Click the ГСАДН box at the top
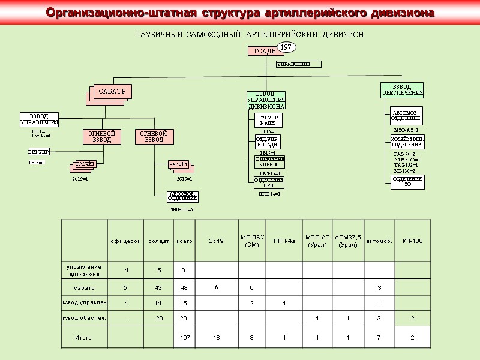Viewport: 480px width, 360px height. pyautogui.click(x=265, y=52)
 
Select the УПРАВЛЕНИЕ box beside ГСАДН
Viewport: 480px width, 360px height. pyautogui.click(x=298, y=64)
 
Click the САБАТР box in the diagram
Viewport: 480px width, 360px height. pyautogui.click(x=112, y=91)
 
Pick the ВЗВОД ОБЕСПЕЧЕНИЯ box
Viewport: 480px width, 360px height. pyautogui.click(x=402, y=90)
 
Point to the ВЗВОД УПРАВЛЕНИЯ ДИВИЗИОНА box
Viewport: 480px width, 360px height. pyautogui.click(x=266, y=100)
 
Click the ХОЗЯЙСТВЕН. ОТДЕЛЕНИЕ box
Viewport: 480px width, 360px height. pyautogui.click(x=407, y=142)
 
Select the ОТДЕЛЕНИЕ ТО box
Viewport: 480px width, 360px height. pyautogui.click(x=407, y=182)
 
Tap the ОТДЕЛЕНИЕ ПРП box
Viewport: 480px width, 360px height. pyautogui.click(x=268, y=182)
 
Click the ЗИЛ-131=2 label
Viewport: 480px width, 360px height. pyautogui.click(x=182, y=209)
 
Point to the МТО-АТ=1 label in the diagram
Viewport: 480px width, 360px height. pyautogui.click(x=406, y=130)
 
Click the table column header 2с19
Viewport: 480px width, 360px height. pyautogui.click(x=216, y=241)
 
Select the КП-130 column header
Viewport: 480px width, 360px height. pyautogui.click(x=412, y=241)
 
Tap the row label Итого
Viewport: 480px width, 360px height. pyautogui.click(x=83, y=338)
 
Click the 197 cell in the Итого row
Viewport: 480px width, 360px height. pyautogui.click(x=184, y=338)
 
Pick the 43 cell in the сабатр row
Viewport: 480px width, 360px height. pyautogui.click(x=158, y=287)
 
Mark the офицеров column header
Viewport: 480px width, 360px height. pyautogui.click(x=125, y=241)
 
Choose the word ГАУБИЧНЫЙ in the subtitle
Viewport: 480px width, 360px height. pyautogui.click(x=157, y=35)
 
